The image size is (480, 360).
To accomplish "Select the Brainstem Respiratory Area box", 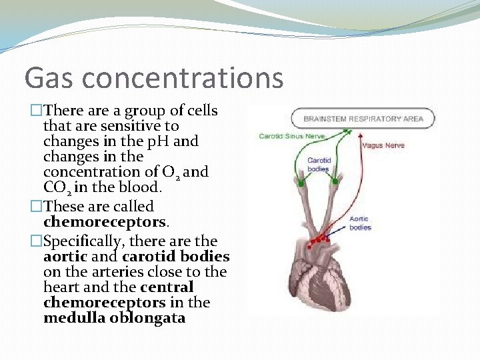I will coord(363,119).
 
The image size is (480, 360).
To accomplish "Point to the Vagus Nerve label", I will coord(383,145).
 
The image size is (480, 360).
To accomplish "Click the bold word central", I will coord(167,287).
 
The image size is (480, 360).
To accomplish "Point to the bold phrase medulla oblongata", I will coord(114,318).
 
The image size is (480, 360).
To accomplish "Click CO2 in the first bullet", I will coord(57,188).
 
